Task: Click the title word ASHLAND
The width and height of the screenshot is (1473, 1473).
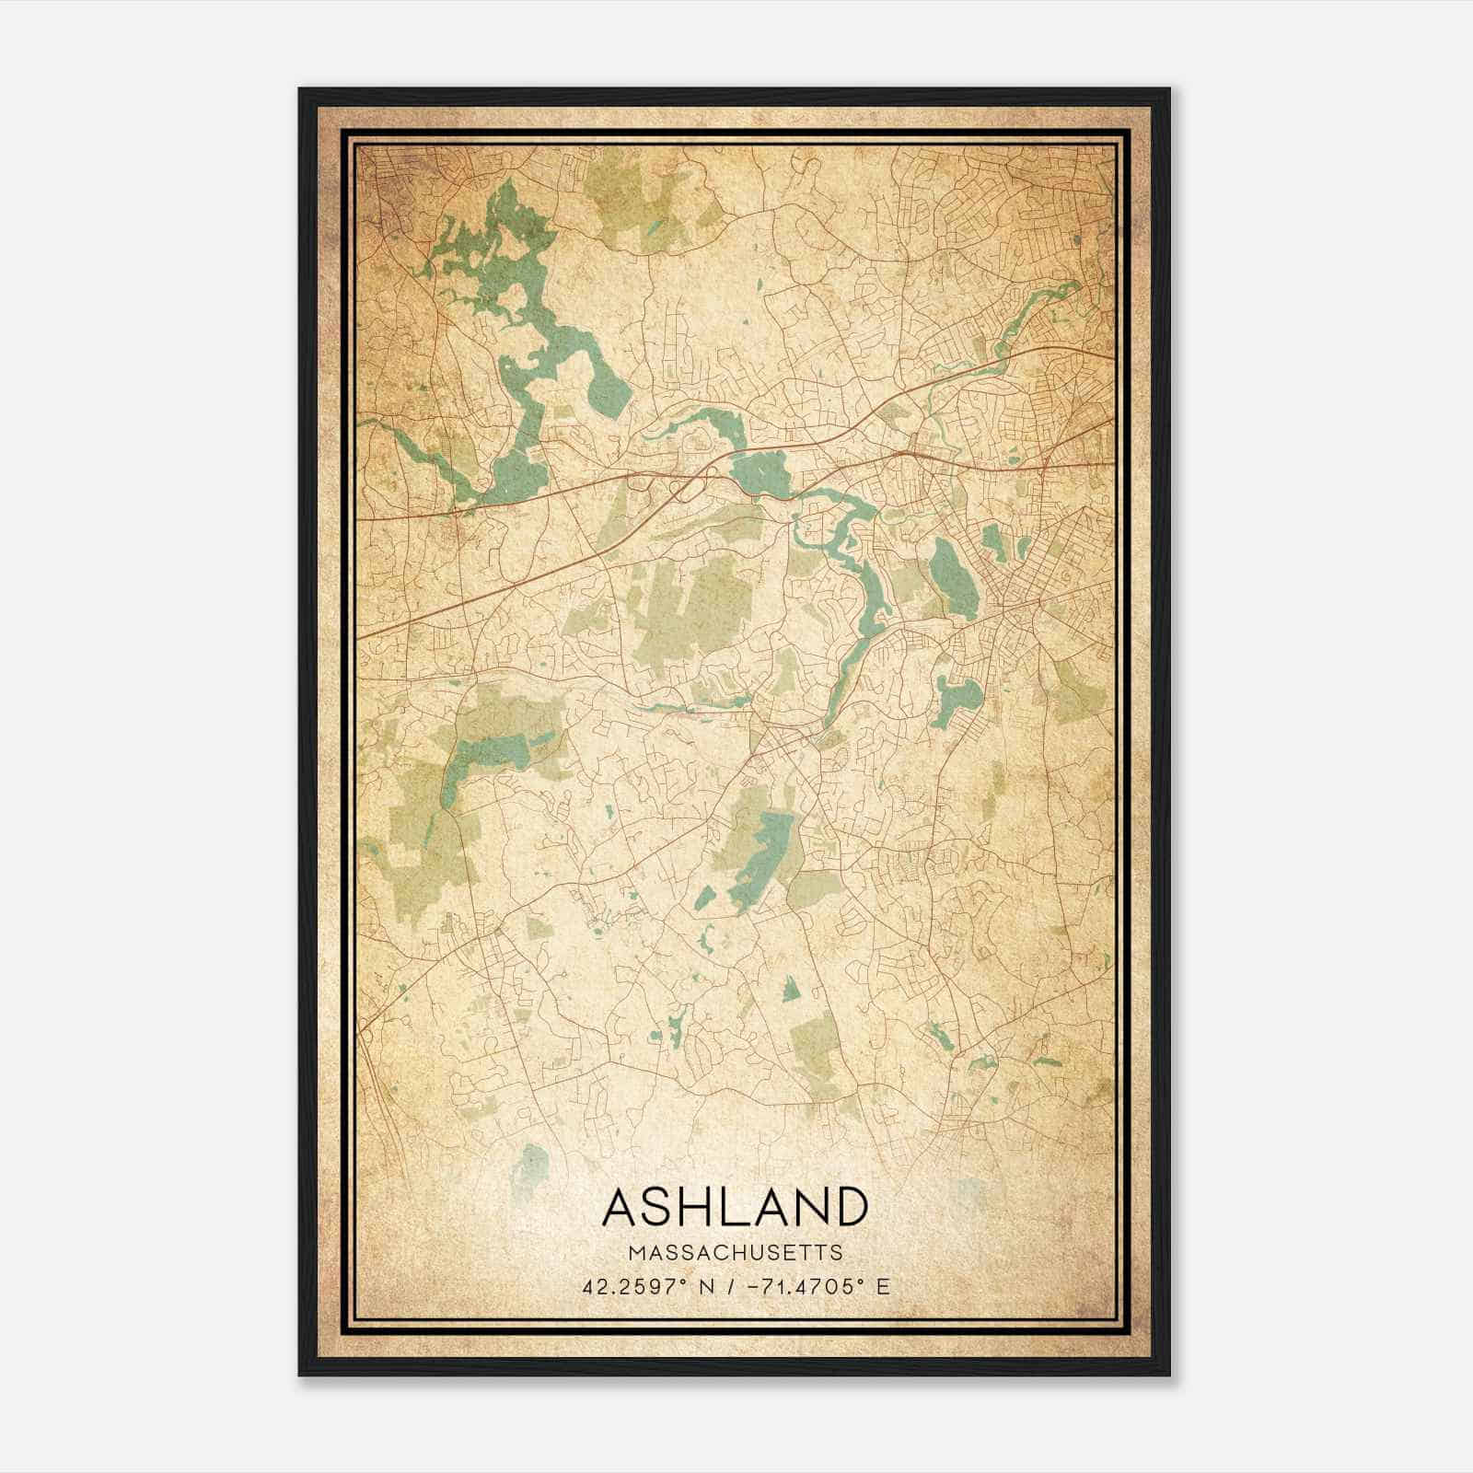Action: tap(735, 1207)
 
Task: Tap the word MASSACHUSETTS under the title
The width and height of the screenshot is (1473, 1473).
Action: tap(735, 1252)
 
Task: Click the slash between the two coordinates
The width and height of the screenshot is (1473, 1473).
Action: tap(729, 1286)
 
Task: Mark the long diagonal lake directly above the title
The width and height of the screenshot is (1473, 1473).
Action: tap(761, 854)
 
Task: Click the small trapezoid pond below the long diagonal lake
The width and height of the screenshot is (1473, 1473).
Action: tap(790, 991)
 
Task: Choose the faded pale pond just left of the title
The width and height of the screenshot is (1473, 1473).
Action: tap(530, 1165)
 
